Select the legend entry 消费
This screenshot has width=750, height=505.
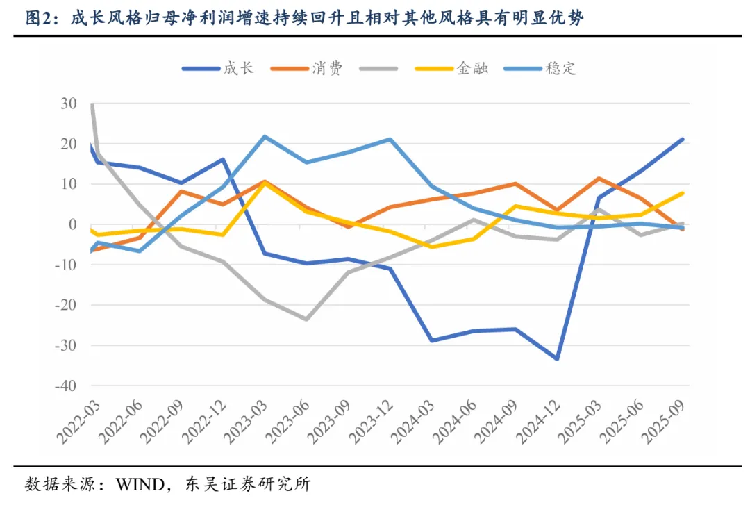pos(327,68)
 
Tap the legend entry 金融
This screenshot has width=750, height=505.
pos(472,68)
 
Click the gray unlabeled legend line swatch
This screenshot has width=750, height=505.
pos(379,68)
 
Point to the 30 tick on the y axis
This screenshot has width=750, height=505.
pos(69,104)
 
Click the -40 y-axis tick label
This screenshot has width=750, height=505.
pos(66,386)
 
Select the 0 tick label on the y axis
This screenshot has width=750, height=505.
pos(72,224)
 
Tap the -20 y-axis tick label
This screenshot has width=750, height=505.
pos(66,305)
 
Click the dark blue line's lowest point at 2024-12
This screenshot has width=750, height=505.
pos(557,358)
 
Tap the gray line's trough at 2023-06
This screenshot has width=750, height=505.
pos(306,320)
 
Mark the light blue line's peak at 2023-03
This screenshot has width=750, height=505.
pos(264,136)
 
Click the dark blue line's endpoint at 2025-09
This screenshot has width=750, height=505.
pos(683,139)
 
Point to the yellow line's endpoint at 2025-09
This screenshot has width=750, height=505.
pos(683,193)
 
